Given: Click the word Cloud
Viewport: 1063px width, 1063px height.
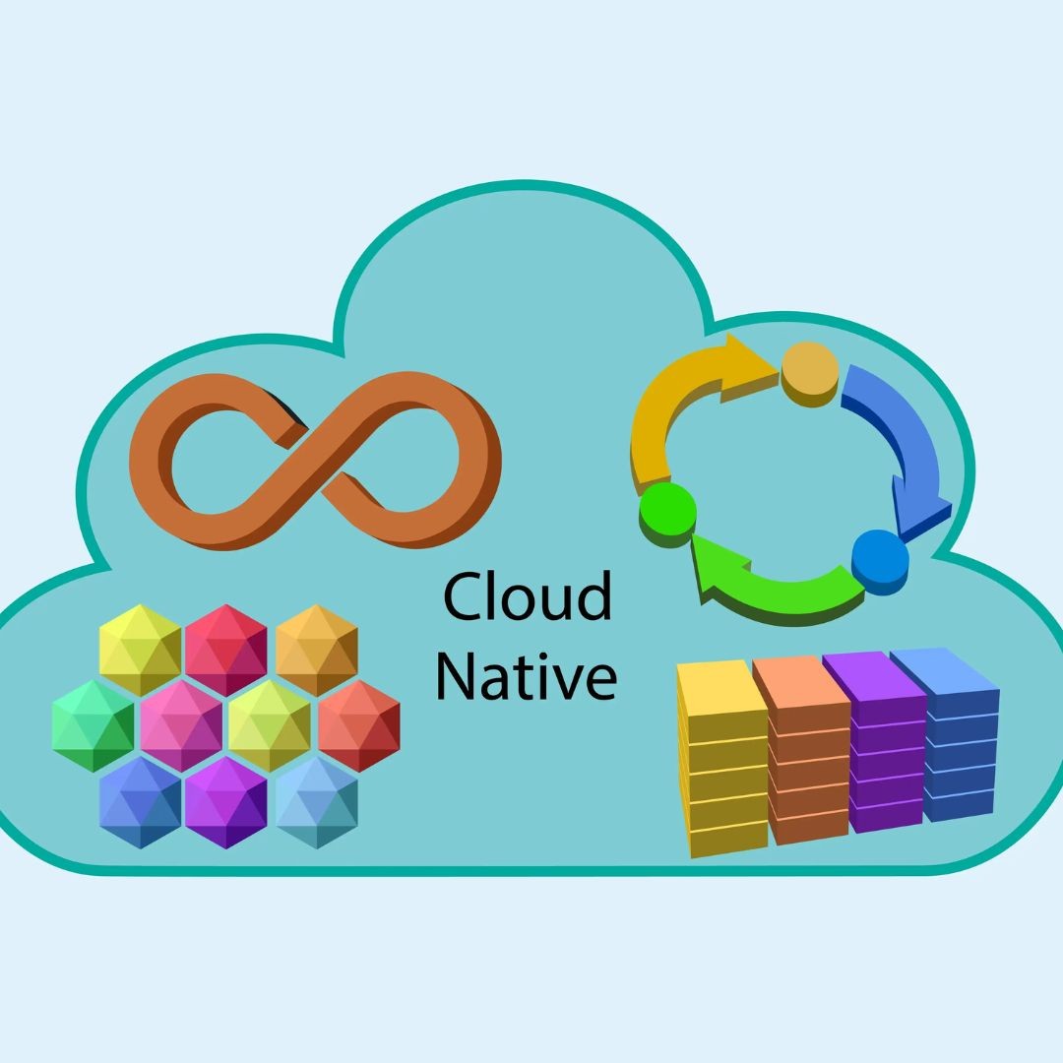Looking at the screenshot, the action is click(528, 595).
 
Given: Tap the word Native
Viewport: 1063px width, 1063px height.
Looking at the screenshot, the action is click(526, 675).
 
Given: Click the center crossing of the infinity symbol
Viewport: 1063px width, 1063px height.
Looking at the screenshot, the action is click(313, 460).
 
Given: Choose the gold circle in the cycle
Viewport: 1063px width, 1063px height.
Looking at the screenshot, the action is click(810, 374).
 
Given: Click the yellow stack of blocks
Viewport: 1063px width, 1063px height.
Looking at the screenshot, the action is click(722, 759).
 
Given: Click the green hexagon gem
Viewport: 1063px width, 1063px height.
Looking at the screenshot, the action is click(93, 726).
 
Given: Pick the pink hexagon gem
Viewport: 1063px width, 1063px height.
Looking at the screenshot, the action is click(181, 726).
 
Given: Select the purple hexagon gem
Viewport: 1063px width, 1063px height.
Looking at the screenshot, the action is click(225, 803).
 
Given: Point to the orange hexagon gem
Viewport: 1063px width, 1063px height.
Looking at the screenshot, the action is click(317, 651).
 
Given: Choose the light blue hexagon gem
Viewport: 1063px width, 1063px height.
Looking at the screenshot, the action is click(317, 803).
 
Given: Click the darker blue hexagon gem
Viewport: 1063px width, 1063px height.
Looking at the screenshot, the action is click(141, 803).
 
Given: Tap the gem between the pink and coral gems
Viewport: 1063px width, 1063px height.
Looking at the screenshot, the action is click(269, 726).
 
